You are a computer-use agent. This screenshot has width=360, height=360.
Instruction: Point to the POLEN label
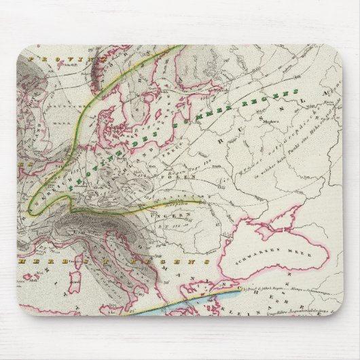pyautogui.click(x=185, y=175)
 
